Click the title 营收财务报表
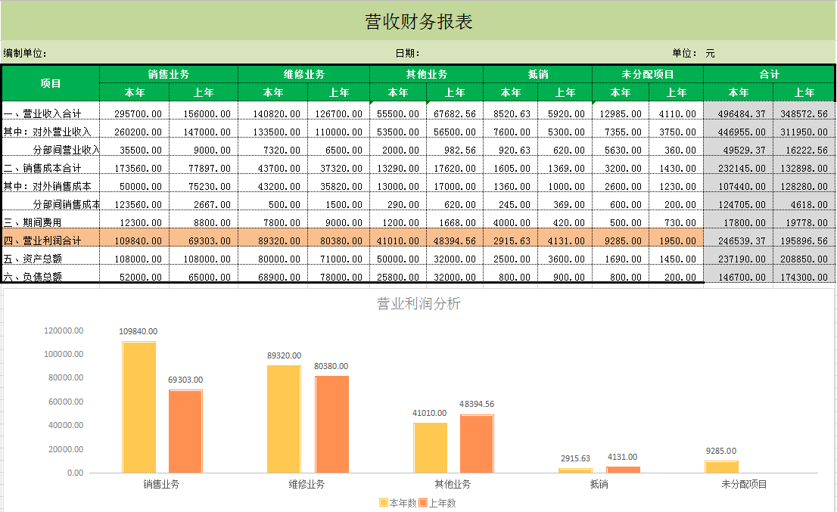pyautogui.click(x=418, y=22)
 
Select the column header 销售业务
pyautogui.click(x=168, y=74)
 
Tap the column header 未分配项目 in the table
pyautogui.click(x=647, y=74)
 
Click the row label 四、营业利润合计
pyautogui.click(x=42, y=240)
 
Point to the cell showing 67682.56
pyautogui.click(x=455, y=113)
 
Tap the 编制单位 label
pyautogui.click(x=25, y=53)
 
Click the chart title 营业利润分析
pyautogui.click(x=418, y=304)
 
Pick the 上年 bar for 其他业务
pyautogui.click(x=477, y=443)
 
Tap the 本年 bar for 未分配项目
pyautogui.click(x=721, y=467)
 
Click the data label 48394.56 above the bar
pyautogui.click(x=477, y=405)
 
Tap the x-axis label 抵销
pyautogui.click(x=598, y=484)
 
